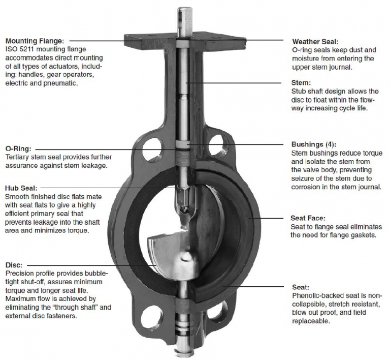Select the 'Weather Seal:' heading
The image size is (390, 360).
coord(315,41)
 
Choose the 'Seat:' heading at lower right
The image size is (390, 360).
coord(301,287)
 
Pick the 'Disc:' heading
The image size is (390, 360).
coord(14,265)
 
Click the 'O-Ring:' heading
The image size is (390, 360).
coord(18,149)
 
